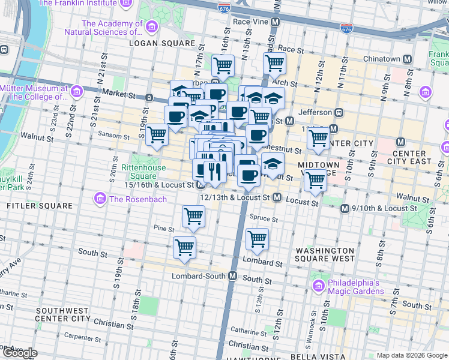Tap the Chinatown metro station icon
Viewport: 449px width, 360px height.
[x=407, y=59]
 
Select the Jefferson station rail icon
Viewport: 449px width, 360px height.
[x=339, y=112]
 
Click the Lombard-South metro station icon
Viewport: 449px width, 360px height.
[x=232, y=276]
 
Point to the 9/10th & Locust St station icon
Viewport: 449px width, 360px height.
[x=345, y=208]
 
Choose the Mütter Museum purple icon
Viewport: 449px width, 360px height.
[x=76, y=91]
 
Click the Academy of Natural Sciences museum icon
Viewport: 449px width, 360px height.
[x=151, y=28]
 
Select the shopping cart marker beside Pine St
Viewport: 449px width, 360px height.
[x=193, y=216]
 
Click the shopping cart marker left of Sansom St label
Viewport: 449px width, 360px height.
[x=157, y=134]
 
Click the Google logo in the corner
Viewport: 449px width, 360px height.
[x=19, y=352]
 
